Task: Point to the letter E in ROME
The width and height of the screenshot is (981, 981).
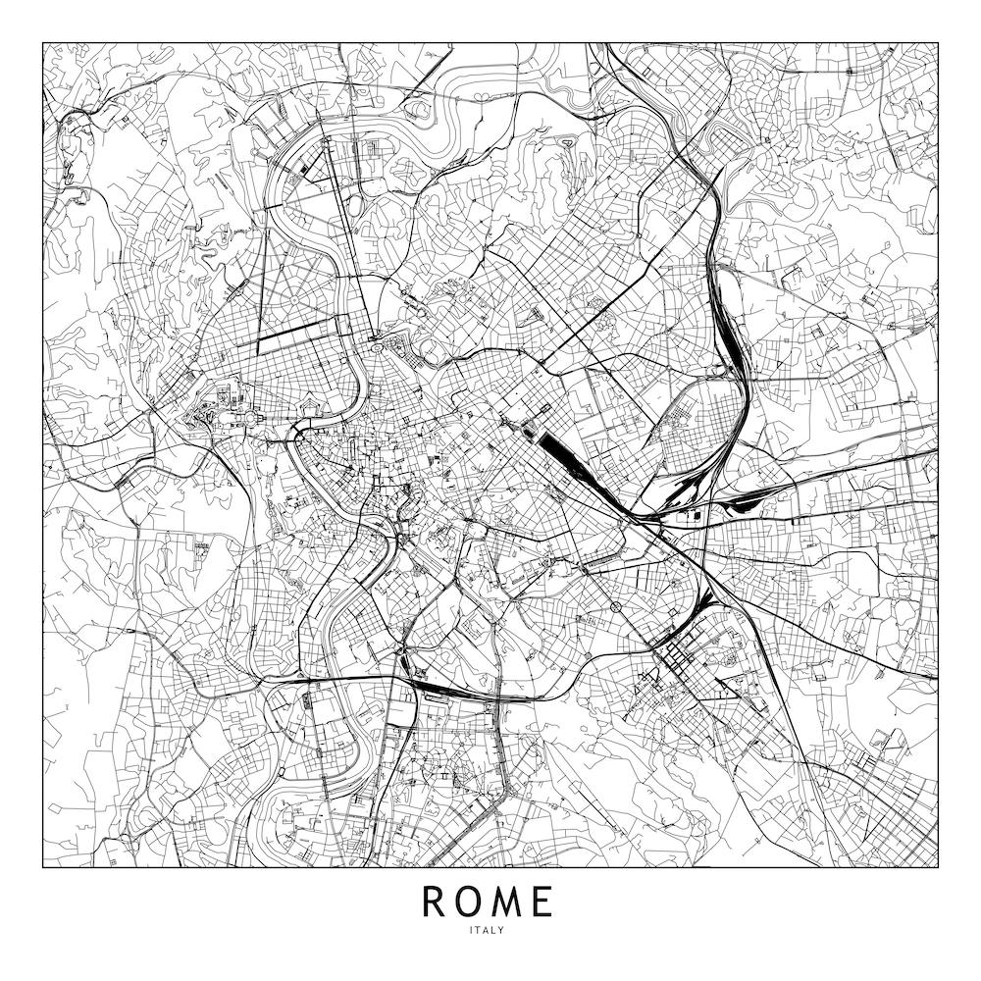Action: pos(543,902)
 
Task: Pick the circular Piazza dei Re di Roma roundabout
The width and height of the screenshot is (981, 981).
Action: pos(615,608)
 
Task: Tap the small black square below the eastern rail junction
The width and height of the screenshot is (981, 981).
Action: pos(697,515)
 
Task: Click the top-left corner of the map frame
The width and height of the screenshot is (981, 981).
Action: pos(43,41)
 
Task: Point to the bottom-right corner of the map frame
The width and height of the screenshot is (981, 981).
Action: pos(938,867)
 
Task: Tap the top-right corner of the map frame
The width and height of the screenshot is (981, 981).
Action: pos(938,41)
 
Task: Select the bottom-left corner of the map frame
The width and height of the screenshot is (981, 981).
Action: pos(43,867)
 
